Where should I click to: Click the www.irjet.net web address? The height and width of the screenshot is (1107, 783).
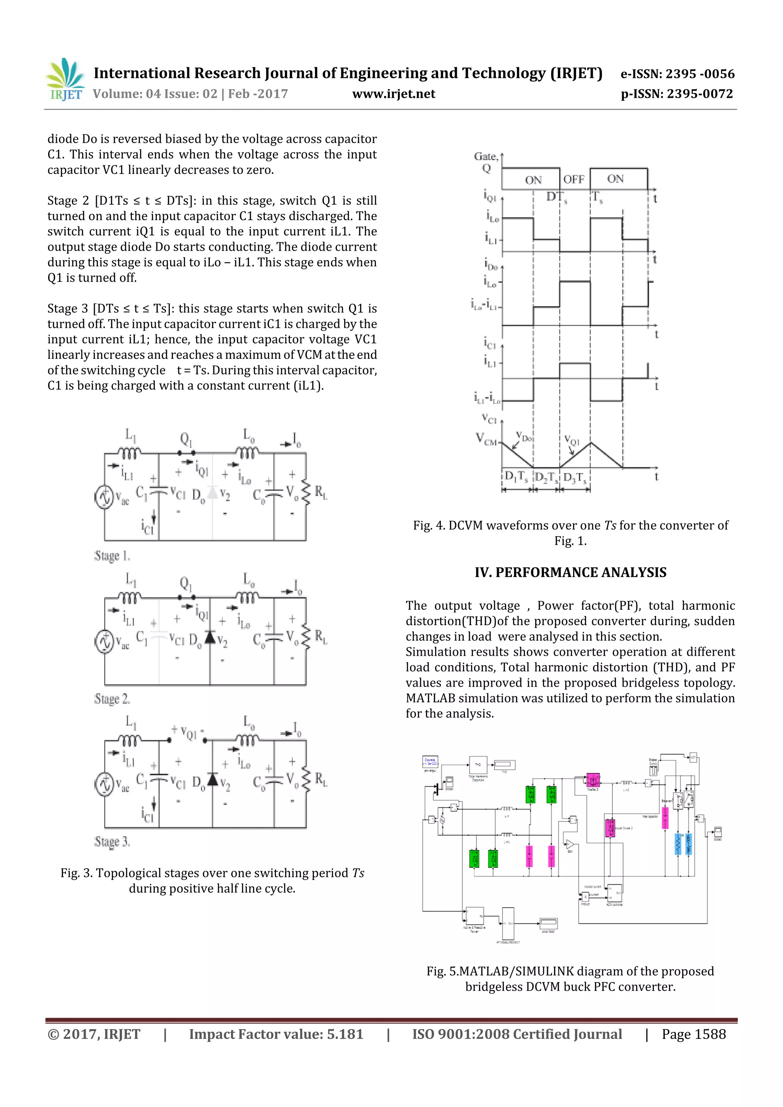coord(394,94)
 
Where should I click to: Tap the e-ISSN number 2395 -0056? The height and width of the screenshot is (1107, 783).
coord(700,74)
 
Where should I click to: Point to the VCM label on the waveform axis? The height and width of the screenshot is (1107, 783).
coord(486,439)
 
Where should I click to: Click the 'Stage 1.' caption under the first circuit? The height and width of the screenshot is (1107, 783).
coord(112,556)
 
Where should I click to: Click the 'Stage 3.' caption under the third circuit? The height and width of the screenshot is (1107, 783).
coord(112,842)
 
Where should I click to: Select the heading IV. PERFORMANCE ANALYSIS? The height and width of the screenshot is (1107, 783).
coord(570,572)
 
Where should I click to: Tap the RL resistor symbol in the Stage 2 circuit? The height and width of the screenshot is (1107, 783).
coord(306,637)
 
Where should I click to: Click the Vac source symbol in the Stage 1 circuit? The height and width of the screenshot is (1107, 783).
coord(104,498)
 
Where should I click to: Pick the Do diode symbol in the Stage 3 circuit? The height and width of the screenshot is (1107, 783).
coord(212,780)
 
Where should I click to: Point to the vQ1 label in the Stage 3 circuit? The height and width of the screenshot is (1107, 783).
coord(188,733)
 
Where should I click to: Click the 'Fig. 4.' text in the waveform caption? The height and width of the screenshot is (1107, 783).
coord(429,525)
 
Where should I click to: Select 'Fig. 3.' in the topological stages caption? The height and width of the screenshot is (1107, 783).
coord(76,873)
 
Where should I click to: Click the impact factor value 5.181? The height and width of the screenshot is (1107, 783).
coord(345,1034)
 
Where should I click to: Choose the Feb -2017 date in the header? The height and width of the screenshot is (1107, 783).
coord(258,94)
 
